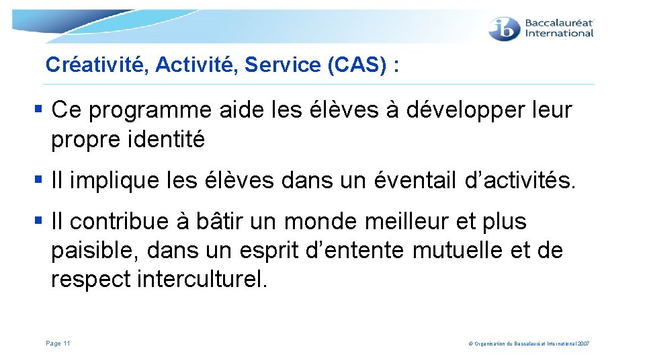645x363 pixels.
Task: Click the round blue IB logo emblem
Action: point(505,29)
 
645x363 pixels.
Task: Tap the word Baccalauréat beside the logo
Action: point(559,22)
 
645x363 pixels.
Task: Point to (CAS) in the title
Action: point(354,65)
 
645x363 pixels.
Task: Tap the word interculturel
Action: point(202,280)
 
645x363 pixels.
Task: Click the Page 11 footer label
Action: point(58,344)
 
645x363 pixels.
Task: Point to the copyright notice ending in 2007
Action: point(528,344)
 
